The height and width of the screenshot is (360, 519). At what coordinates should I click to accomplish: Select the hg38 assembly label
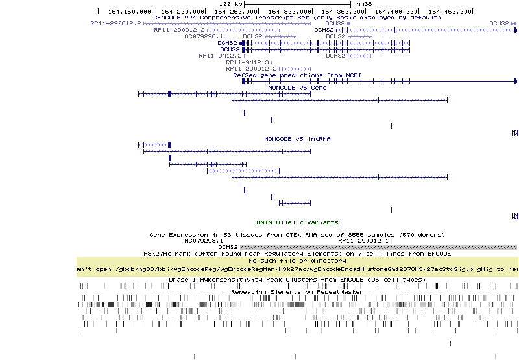tap(356, 4)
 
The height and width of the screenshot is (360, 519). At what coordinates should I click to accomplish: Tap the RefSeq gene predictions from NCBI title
tap(297, 75)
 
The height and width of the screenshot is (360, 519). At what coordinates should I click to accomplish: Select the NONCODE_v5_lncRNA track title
tap(297, 139)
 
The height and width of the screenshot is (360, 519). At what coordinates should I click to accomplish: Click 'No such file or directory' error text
tap(297, 261)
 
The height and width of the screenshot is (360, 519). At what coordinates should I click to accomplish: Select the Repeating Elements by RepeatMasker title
tap(297, 292)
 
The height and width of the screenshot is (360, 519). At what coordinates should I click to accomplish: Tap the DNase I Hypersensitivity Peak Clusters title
tap(297, 280)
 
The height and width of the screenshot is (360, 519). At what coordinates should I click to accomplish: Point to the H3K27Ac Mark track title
tap(297, 254)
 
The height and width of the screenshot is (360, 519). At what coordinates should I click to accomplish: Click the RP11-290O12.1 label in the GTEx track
tap(363, 241)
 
